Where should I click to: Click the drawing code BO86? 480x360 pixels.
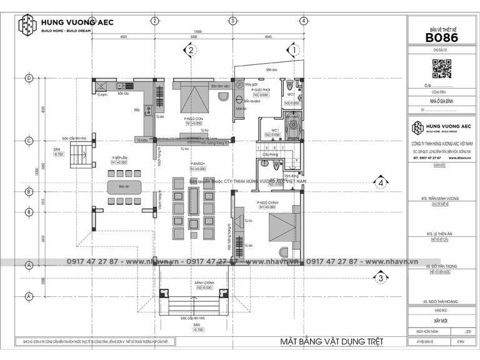pyautogui.click(x=442, y=37)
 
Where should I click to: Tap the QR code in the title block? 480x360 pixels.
pyautogui.click(x=442, y=67)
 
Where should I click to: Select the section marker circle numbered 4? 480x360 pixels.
pyautogui.click(x=380, y=183)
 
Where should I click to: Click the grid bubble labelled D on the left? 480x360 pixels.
pyautogui.click(x=28, y=78)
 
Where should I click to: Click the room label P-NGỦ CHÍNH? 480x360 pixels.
pyautogui.click(x=267, y=203)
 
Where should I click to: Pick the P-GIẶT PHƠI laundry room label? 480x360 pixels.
pyautogui.click(x=261, y=90)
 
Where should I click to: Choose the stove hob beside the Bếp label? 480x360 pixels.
pyautogui.click(x=149, y=111)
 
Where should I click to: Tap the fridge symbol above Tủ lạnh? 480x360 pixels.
pyautogui.click(x=101, y=85)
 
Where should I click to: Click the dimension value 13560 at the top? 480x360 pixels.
pyautogui.click(x=197, y=31)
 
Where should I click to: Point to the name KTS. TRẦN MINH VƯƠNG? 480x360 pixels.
pyautogui.click(x=441, y=197)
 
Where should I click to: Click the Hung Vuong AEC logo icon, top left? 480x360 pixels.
pyautogui.click(x=27, y=26)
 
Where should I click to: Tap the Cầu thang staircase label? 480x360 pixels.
pyautogui.click(x=270, y=153)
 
